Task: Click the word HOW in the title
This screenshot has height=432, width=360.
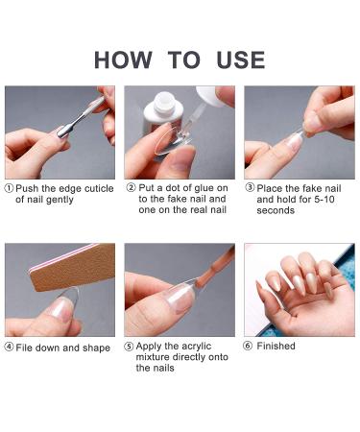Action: click(123, 60)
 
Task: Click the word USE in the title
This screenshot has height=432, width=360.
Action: click(241, 60)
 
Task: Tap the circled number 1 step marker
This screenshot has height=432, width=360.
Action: click(9, 188)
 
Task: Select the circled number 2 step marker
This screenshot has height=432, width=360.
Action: click(132, 187)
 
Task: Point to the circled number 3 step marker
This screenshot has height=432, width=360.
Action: click(250, 187)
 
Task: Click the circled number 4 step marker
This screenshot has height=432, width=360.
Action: click(9, 347)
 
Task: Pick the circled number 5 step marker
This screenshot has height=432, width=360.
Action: click(129, 347)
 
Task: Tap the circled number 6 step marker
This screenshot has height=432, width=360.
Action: click(248, 346)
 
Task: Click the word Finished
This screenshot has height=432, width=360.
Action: click(276, 346)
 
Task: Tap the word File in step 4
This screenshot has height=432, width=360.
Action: click(24, 348)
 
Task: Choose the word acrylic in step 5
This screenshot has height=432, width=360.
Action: click(195, 347)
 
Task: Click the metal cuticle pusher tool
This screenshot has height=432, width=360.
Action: click(80, 118)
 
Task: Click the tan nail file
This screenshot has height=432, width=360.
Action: click(72, 268)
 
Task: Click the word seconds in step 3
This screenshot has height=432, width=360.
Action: click(276, 210)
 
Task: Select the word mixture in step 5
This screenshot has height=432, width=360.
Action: click(153, 357)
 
